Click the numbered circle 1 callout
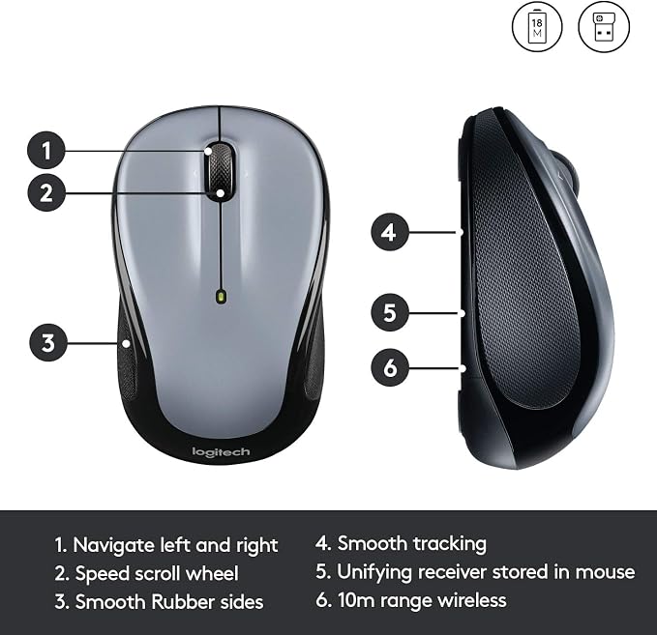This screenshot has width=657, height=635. tap(46, 150)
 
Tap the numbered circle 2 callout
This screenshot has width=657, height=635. tap(46, 192)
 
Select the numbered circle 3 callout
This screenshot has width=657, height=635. tap(48, 342)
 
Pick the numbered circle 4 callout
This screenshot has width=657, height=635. tap(390, 232)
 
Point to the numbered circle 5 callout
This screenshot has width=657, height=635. tap(390, 312)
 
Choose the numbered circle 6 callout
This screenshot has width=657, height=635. tap(390, 367)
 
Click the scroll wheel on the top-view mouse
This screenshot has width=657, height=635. tap(219, 172)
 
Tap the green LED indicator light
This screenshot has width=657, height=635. tap(221, 297)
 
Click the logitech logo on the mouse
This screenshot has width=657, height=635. tap(221, 452)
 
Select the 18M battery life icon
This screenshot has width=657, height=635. tap(537, 26)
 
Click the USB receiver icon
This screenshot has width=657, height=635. tap(604, 26)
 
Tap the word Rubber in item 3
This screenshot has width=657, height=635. tap(183, 601)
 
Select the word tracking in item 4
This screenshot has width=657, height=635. tap(450, 544)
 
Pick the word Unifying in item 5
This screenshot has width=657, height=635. tap(374, 572)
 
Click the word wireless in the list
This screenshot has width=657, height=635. tap(471, 600)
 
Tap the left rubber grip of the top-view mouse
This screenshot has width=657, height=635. tap(127, 356)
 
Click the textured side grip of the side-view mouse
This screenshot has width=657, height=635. tap(526, 260)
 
